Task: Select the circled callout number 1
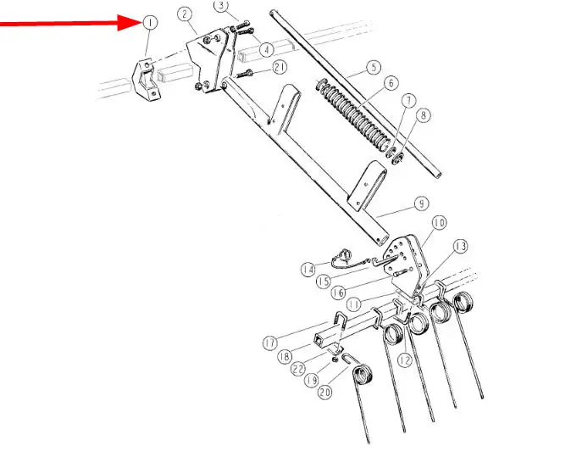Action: point(150,23)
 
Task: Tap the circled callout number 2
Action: point(185,14)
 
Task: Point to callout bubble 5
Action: point(374,68)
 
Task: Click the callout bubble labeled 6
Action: point(391,83)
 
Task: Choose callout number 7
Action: point(409,100)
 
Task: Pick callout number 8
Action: point(423,115)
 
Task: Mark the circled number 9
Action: point(422,203)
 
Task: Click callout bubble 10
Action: point(439,223)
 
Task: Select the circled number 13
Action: point(461,247)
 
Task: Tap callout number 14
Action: point(308,270)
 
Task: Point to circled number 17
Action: point(270,343)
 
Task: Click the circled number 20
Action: point(324,392)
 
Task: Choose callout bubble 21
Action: point(280,68)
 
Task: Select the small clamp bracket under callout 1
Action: point(145,81)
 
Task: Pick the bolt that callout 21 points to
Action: point(244,74)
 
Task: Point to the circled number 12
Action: point(405,360)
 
